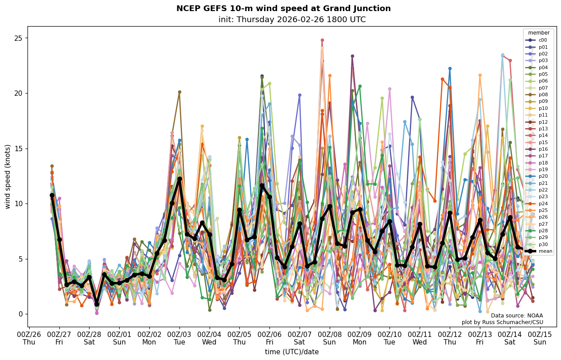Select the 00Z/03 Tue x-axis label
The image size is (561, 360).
pyautogui.click(x=179, y=338)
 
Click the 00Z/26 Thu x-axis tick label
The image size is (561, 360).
pyautogui.click(x=29, y=338)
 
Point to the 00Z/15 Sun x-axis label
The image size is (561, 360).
pyautogui.click(x=540, y=338)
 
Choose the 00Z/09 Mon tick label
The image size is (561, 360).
pyautogui.click(x=359, y=338)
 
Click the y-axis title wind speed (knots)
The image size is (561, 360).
pyautogui.click(x=8, y=176)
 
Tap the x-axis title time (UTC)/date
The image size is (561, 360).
pyautogui.click(x=292, y=352)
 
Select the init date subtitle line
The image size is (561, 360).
pyautogui.click(x=292, y=20)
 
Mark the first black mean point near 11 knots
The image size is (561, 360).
pyautogui.click(x=52, y=195)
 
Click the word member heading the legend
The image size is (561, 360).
pyautogui.click(x=538, y=33)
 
